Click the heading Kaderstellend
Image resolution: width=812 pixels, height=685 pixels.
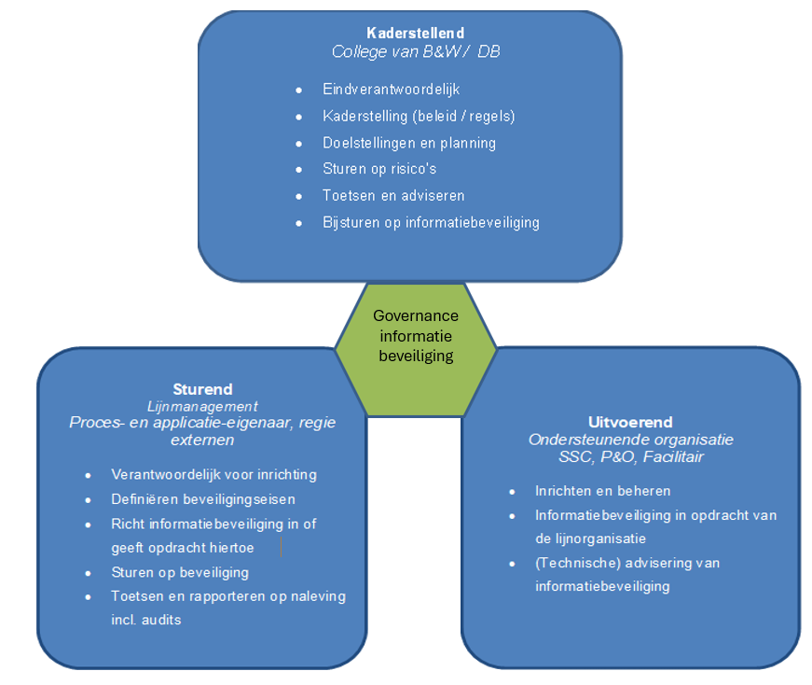coord(415,34)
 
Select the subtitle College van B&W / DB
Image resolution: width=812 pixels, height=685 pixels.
coord(416,51)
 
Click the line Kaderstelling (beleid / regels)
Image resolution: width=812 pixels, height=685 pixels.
coord(419,117)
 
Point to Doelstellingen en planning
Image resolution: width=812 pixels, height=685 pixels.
coord(409,143)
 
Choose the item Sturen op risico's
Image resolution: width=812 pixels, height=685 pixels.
coord(379,169)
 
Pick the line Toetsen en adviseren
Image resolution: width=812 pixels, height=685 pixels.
coord(393,196)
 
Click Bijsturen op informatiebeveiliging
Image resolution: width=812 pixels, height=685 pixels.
coord(431,222)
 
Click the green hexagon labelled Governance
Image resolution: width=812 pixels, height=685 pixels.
coord(416,336)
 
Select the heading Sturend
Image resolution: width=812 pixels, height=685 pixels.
coord(202,389)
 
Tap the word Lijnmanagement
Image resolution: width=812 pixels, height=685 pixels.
coord(202,406)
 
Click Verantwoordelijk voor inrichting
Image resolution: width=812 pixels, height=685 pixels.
coord(213,474)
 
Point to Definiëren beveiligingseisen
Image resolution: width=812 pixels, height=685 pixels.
coord(203,499)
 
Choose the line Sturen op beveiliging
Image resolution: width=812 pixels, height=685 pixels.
coord(180,572)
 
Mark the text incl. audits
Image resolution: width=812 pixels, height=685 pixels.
coord(146,619)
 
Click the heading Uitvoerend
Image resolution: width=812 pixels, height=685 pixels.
coord(630,422)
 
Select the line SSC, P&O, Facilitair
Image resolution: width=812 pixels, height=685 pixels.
coord(630,456)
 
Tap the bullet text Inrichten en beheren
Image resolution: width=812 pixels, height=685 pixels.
coord(602,491)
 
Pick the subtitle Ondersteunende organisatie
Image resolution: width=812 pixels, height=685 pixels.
coord(630,440)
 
